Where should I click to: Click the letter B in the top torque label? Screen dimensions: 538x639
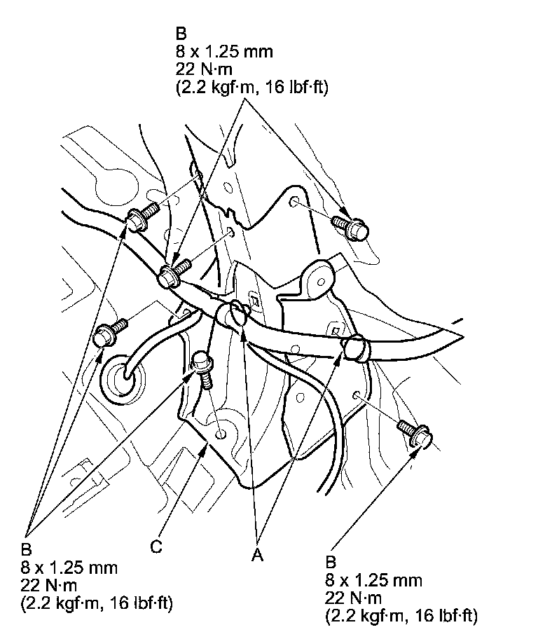pos(181,34)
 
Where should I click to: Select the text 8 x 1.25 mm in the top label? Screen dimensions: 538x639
pos(224,52)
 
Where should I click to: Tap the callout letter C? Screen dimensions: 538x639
pos(156,546)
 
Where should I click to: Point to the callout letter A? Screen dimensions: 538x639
pos(257,555)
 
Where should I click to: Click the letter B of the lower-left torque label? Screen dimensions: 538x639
pos(26,549)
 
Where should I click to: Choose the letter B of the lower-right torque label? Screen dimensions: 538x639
pos(331,562)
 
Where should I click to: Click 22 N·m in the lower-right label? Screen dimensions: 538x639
pos(353,598)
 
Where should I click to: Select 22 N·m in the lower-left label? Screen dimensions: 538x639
pos(49,585)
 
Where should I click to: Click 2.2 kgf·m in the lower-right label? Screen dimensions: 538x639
pos(367,615)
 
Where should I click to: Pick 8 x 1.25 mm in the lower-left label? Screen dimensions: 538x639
pos(69,568)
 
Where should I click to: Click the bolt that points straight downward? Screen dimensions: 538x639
pos(202,368)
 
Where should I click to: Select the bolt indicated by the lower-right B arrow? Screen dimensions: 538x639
pos(415,434)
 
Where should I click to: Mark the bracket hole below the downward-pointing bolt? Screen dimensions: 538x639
pos(221,434)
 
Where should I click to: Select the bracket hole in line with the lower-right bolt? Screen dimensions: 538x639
pos(356,394)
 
